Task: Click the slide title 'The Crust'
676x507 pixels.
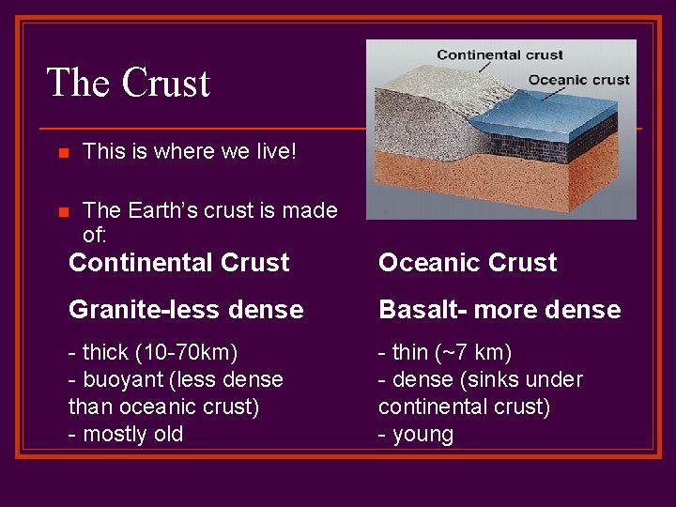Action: click(x=128, y=83)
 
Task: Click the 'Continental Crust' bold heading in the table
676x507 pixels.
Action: click(x=178, y=263)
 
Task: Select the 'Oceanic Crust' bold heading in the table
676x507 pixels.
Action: click(x=468, y=263)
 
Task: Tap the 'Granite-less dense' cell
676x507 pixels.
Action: click(x=186, y=310)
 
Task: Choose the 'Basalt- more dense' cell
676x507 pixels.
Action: click(x=499, y=310)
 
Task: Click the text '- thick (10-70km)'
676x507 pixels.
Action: click(x=153, y=353)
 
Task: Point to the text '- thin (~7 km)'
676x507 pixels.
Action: click(x=444, y=353)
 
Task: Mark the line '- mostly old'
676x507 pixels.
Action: click(x=126, y=434)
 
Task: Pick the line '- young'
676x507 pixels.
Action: click(x=416, y=434)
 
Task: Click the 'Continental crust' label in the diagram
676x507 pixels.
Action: click(x=499, y=54)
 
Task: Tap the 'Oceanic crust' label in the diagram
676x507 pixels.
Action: click(x=578, y=80)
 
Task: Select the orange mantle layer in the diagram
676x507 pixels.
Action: click(x=507, y=188)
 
